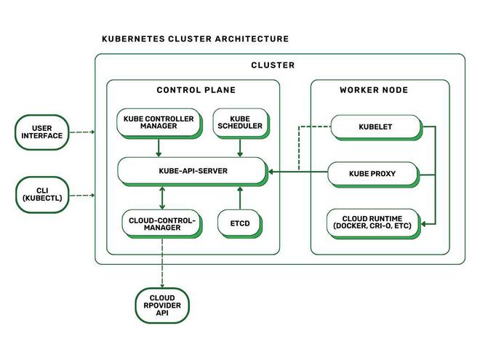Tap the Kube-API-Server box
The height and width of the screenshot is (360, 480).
[193, 172]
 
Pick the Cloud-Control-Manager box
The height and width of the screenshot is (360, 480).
[159, 223]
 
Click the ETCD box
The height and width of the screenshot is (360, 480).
[239, 223]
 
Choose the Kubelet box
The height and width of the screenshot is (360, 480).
[375, 127]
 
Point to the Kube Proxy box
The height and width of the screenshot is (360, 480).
[372, 174]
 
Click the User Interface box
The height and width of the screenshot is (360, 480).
[42, 132]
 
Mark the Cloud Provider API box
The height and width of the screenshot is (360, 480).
[162, 305]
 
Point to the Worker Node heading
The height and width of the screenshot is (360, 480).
[374, 90]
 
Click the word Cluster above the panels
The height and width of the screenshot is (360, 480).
[273, 65]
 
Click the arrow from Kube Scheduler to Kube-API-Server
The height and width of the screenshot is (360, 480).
[239, 148]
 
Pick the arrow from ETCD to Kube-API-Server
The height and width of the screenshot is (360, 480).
[239, 198]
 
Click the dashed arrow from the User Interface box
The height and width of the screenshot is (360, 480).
[82, 132]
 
